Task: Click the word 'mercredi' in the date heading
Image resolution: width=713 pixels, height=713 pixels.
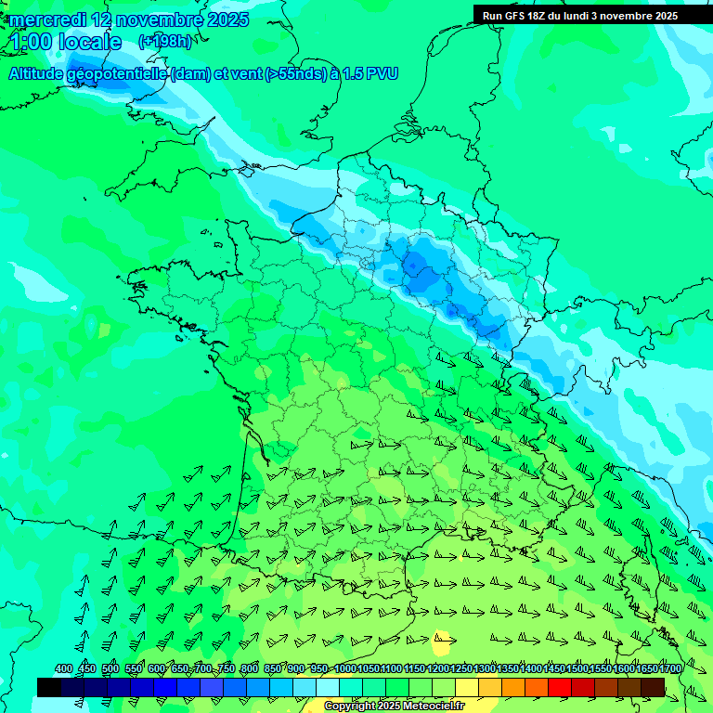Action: pos(48,19)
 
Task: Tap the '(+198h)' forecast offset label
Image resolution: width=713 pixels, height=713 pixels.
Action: pos(165,41)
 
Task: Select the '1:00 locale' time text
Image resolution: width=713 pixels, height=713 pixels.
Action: pos(67,42)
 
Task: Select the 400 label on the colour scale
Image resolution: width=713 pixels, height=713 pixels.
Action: pos(63,669)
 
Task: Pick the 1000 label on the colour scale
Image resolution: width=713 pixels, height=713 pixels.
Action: pos(345,669)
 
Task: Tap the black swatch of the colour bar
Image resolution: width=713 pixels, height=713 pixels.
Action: pos(49,687)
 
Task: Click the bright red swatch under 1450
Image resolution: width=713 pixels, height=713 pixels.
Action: pos(560,687)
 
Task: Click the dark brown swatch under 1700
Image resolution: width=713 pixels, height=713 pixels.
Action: pos(653,687)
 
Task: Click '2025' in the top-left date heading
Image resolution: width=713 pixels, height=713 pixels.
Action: pos(228,19)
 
